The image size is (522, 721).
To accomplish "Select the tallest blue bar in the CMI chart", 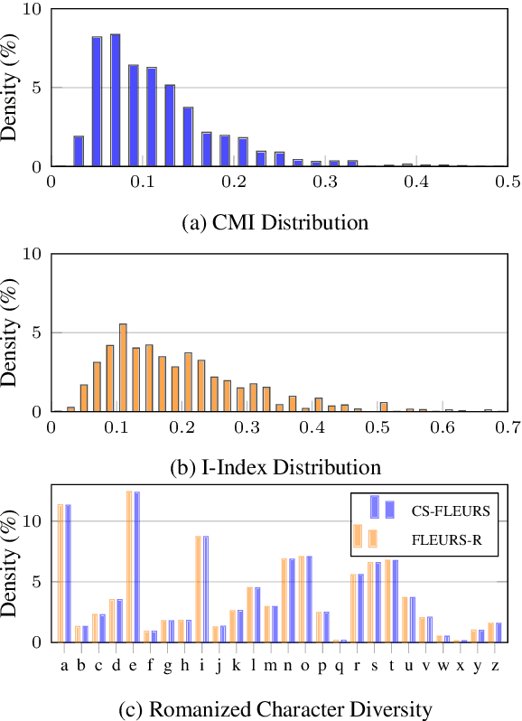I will coord(115,100).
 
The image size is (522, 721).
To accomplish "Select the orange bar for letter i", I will coord(199,588).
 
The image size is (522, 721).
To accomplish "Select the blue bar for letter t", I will coord(395,601).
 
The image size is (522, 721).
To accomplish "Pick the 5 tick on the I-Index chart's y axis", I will coord(37,332).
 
